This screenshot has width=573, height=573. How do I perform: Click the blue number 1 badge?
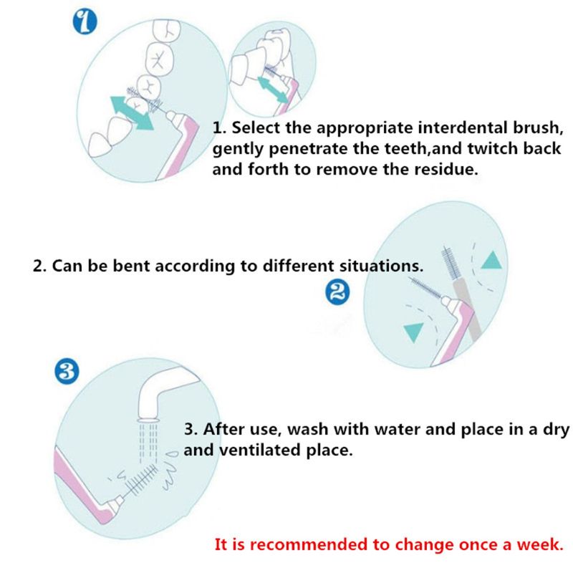85,22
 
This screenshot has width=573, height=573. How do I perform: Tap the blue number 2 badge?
337,292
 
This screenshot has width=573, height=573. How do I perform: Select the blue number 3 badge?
67,372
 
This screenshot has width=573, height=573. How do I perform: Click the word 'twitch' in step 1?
492,148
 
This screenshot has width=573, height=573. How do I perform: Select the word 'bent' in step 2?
132,266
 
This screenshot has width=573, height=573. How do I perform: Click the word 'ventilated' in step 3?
260,450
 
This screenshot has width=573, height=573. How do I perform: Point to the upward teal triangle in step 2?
491,260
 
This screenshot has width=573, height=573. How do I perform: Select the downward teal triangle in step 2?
414,332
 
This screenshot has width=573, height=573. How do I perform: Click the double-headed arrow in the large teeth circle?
132,113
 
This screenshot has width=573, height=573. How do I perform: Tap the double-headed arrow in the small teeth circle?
273,90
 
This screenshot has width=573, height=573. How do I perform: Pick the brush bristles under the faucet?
140,479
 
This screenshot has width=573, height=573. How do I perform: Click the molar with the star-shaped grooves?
159,59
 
